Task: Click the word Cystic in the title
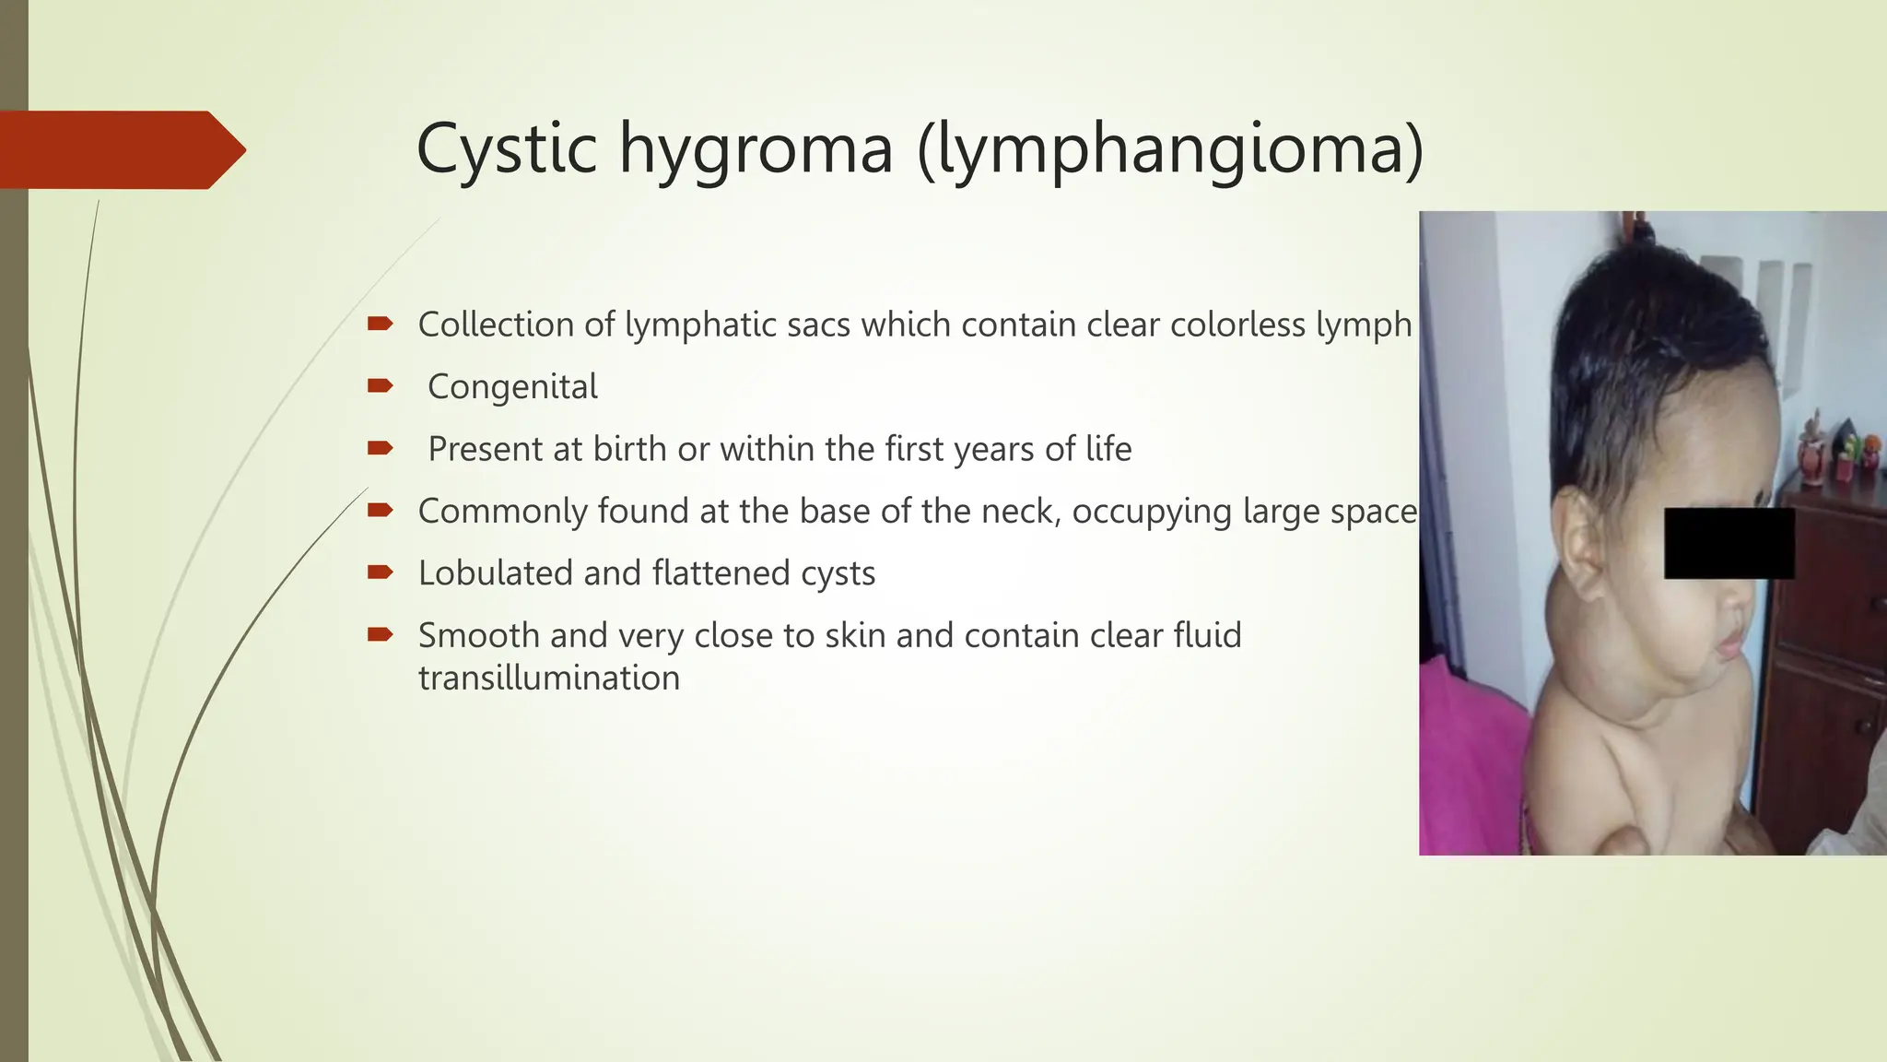[x=505, y=148]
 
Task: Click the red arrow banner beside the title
[x=120, y=149]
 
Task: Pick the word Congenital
[x=512, y=386]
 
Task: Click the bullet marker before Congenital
[x=380, y=385]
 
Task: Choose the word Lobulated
[x=495, y=572]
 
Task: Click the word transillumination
[x=548, y=678]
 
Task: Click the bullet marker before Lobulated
[x=380, y=572]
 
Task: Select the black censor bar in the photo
[x=1729, y=543]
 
